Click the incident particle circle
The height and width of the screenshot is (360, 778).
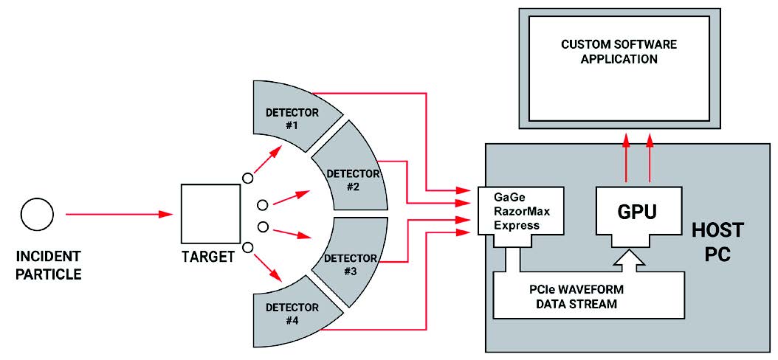click(x=37, y=215)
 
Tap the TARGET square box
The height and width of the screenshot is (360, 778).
click(x=210, y=215)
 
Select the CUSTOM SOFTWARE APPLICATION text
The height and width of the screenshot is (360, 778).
click(x=618, y=52)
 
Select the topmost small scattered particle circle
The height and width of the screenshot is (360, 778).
click(x=248, y=178)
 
